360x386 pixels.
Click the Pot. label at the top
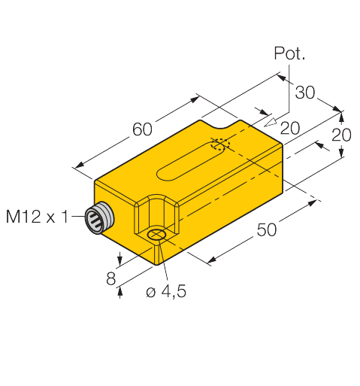click(x=289, y=53)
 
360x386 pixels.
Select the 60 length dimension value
click(x=142, y=129)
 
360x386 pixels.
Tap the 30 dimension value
click(x=304, y=93)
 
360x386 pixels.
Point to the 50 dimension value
click(x=267, y=229)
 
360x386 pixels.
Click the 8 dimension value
click(x=111, y=278)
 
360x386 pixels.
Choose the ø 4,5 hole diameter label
click(x=166, y=291)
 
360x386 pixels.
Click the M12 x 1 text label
click(x=37, y=217)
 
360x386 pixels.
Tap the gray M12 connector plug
click(x=99, y=217)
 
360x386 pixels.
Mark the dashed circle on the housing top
click(x=220, y=144)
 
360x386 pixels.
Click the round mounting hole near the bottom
click(x=156, y=235)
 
